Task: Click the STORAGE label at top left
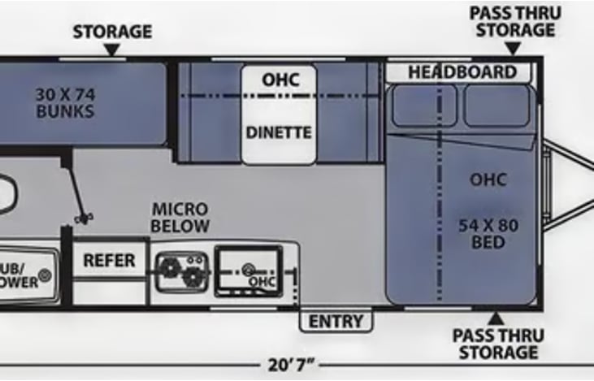click(112, 32)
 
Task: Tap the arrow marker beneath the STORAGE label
click(112, 51)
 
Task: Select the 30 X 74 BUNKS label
click(64, 102)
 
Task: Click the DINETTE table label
click(279, 132)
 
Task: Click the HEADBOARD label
click(462, 72)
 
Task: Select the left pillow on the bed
click(423, 106)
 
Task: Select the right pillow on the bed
click(496, 106)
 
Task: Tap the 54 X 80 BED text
click(488, 232)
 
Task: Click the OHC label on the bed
click(488, 180)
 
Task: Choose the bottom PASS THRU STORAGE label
click(497, 344)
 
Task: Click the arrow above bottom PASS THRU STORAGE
click(495, 317)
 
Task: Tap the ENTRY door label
click(336, 322)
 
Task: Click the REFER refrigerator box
click(109, 262)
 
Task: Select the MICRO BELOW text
click(180, 218)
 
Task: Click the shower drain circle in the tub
click(45, 276)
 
